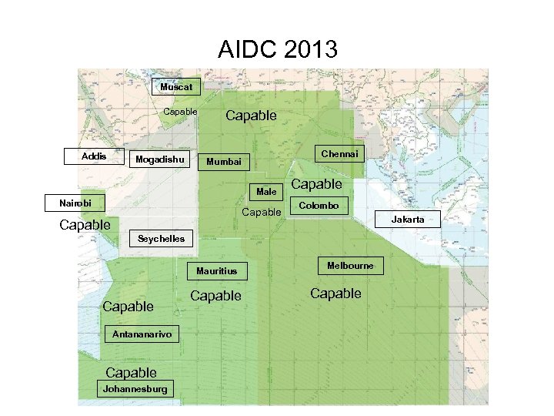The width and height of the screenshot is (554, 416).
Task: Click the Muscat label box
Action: coord(176,87)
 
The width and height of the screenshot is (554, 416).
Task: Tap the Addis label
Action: coord(94,156)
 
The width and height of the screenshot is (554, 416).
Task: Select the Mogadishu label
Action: coord(160,159)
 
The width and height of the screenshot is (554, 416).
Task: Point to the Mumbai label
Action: coord(224,162)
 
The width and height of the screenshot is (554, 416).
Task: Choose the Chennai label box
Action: coord(339,154)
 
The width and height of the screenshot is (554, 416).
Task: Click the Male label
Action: coord(266,191)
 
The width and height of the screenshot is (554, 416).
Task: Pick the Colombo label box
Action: coord(319,206)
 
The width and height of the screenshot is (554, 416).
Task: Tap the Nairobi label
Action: coord(75,203)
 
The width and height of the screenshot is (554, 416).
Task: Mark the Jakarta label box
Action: coord(407,220)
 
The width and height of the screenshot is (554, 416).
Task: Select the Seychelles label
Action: coord(161,239)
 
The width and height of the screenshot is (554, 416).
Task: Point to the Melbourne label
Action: coord(350,266)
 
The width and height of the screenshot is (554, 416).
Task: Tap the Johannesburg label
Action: coord(135,389)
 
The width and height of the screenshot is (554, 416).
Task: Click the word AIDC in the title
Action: coord(246,51)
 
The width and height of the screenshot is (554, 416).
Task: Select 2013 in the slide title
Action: coord(309,51)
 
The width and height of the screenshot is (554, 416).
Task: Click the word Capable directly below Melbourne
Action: coord(335,294)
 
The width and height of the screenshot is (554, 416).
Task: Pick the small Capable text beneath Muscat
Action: coord(180,112)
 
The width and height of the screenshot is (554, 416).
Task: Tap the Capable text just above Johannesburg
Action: coord(131,373)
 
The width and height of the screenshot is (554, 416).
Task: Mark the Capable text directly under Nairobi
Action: coord(85,225)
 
